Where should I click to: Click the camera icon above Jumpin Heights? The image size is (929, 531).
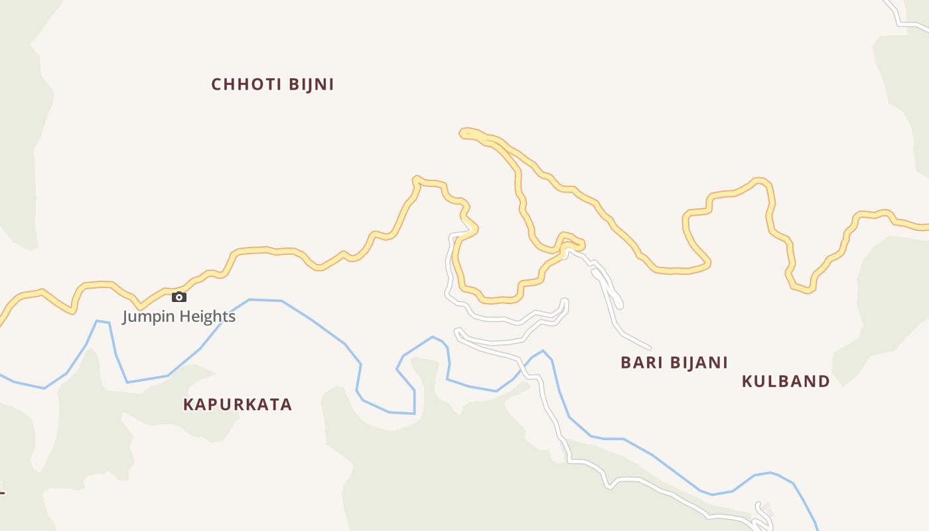pos(179,297)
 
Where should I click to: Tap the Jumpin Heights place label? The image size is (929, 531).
pos(179,317)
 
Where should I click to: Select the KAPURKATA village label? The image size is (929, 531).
pos(237,405)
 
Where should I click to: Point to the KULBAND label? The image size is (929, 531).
pos(786,382)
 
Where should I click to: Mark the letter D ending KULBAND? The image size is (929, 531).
pos(824,382)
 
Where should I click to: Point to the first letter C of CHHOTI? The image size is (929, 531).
pos(216,85)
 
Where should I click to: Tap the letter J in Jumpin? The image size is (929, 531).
pos(125,317)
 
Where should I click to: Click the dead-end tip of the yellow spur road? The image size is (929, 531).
pos(463,133)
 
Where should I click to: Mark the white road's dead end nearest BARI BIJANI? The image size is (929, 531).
pos(648,347)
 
